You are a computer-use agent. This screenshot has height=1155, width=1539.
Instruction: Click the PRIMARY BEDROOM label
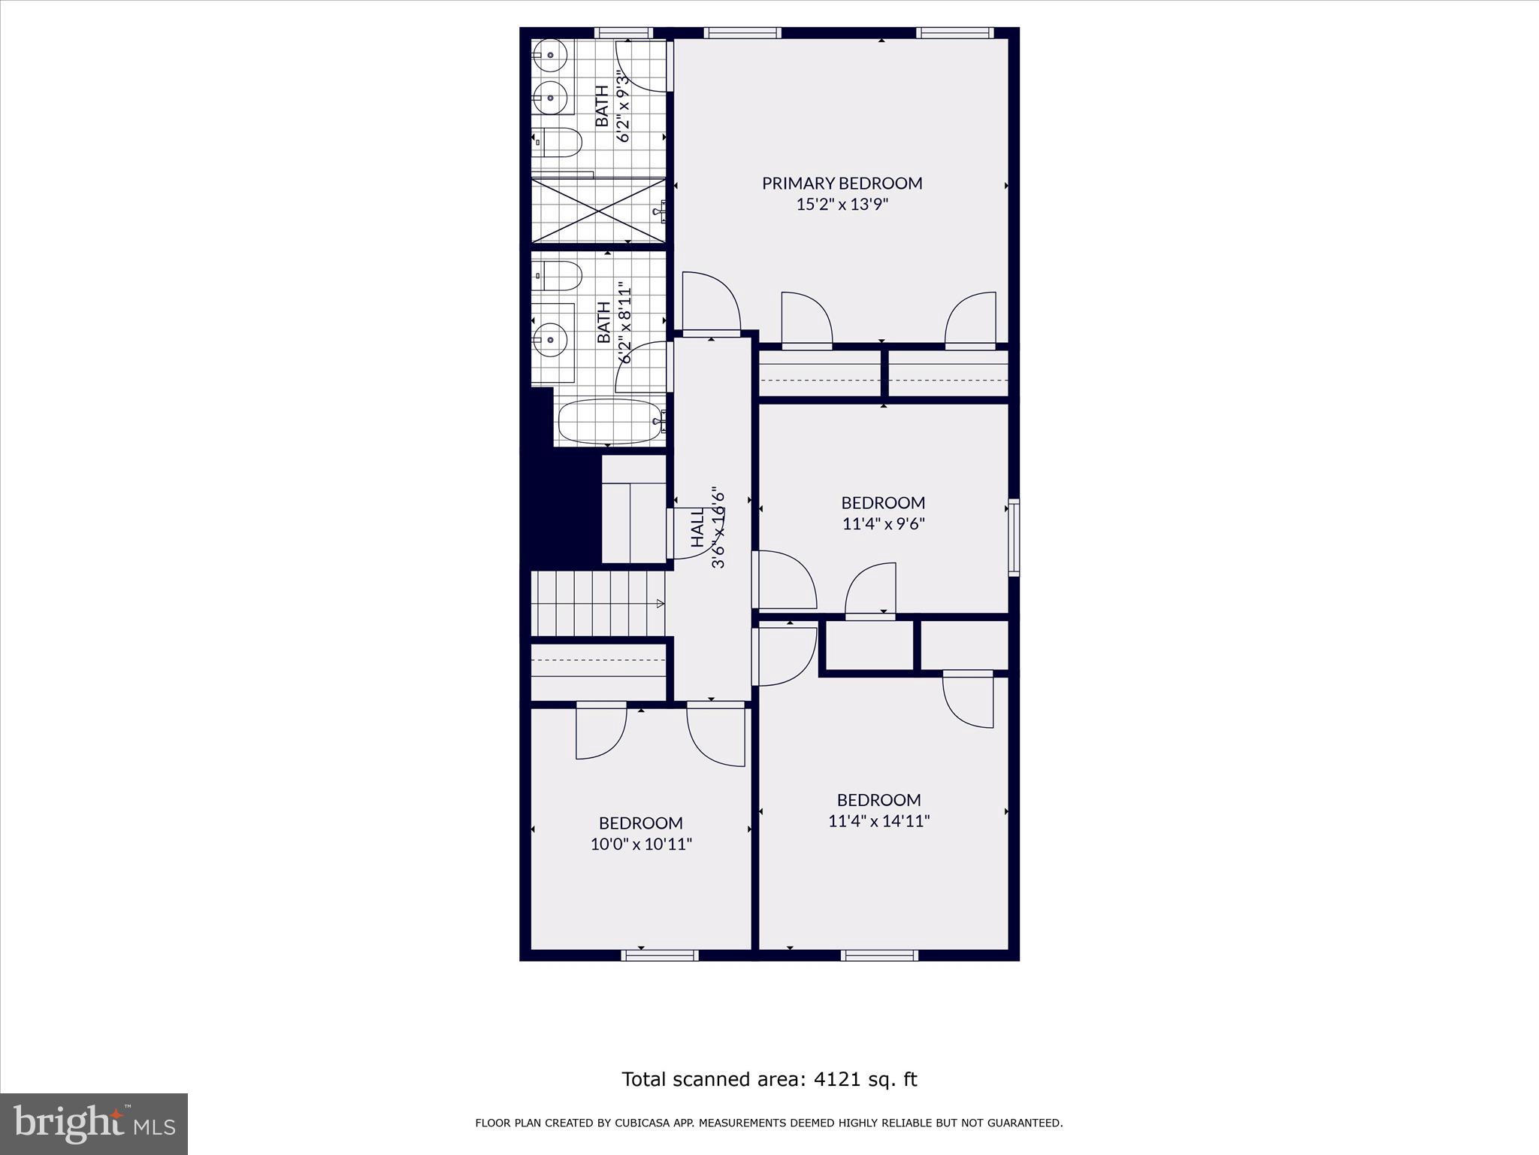(x=842, y=183)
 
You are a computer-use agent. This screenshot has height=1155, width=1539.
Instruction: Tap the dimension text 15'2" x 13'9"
(x=842, y=205)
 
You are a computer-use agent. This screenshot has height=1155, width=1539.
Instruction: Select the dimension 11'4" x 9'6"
(x=883, y=524)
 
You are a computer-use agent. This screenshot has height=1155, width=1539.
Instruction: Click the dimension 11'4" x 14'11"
(x=878, y=821)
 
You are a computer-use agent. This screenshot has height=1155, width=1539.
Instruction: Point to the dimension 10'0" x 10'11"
(x=640, y=844)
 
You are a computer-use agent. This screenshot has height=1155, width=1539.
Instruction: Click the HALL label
(x=697, y=527)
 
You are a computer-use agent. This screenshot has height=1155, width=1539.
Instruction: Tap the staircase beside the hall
(x=597, y=603)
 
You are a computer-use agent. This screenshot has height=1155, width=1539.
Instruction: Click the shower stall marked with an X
(x=598, y=211)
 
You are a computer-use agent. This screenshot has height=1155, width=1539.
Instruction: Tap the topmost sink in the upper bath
(x=550, y=55)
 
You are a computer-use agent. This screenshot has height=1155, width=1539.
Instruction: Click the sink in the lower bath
(x=551, y=339)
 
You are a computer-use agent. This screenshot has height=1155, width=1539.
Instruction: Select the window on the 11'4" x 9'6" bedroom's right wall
(x=1013, y=537)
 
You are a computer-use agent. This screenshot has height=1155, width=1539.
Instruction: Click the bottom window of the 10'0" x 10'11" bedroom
(x=660, y=955)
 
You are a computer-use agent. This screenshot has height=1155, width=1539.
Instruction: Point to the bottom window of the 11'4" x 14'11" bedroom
(x=879, y=955)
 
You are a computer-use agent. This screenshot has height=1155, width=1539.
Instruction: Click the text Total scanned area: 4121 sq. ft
(x=769, y=1080)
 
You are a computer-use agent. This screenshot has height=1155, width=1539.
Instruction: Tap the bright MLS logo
(x=94, y=1124)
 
